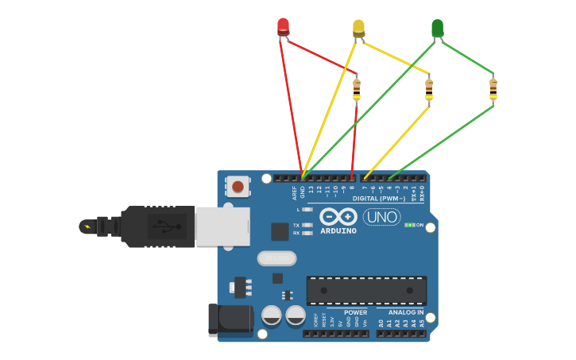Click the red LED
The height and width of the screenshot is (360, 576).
[x=283, y=26]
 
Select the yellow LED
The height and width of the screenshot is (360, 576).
[x=358, y=28]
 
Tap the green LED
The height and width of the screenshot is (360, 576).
[x=437, y=28]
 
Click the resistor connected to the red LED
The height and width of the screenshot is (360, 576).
[x=356, y=89]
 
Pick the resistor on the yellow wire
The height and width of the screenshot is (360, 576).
[x=429, y=89]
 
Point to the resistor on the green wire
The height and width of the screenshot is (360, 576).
[x=493, y=89]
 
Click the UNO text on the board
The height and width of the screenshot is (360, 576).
[x=381, y=216]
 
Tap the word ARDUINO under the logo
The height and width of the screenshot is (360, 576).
[x=338, y=231]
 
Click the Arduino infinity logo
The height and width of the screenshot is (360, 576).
[x=338, y=216]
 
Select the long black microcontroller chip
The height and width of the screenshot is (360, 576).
[x=366, y=290]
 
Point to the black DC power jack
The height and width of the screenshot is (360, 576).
[x=230, y=319]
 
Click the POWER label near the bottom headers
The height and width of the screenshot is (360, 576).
[x=355, y=312]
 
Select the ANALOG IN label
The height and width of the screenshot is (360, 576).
[x=405, y=312]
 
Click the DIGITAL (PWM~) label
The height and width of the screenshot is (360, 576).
[x=379, y=198]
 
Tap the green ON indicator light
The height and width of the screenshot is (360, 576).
[x=408, y=225]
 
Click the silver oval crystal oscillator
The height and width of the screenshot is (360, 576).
[x=276, y=258]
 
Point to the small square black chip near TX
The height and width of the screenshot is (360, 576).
[x=280, y=231]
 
